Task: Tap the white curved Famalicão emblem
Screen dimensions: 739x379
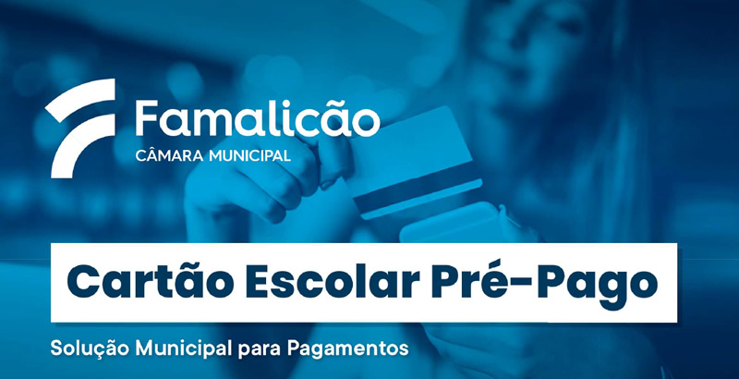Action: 81,128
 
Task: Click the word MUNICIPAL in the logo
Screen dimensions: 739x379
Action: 249,155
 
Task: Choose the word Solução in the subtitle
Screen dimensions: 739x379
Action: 90,348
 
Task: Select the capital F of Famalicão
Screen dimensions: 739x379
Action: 145,117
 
